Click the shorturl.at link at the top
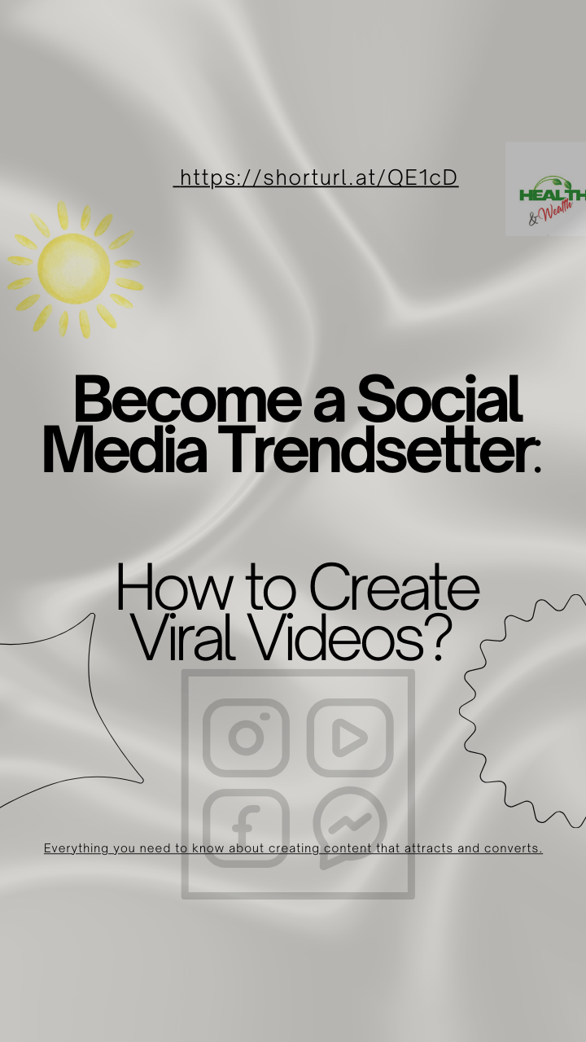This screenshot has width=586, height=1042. click(x=317, y=177)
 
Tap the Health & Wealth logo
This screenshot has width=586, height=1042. click(x=545, y=189)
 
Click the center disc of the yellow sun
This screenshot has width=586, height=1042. click(x=74, y=269)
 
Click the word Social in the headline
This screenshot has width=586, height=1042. click(x=439, y=399)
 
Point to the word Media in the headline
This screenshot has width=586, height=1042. click(x=125, y=450)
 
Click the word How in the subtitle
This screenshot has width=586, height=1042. click(x=174, y=587)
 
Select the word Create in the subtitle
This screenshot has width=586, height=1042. click(x=395, y=587)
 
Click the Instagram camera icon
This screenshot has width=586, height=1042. click(x=246, y=738)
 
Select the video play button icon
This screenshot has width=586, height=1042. click(x=350, y=738)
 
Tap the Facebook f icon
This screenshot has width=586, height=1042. click(x=246, y=828)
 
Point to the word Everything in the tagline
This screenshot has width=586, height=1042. click(x=77, y=848)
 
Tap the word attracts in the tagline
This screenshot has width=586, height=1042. click(x=429, y=848)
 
